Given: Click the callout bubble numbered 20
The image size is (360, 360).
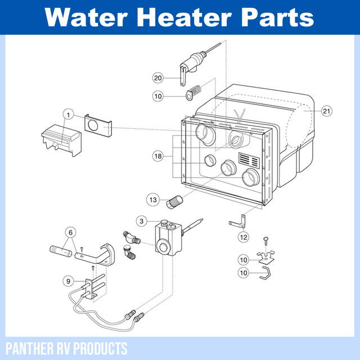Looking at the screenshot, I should point(158,77).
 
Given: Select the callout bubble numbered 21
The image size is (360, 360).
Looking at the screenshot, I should point(327,111).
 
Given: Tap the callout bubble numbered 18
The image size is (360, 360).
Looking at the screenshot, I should point(158,155).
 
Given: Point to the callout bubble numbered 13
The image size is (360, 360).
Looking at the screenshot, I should point(153,199).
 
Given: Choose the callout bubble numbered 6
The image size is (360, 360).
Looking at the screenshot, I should point(70,231).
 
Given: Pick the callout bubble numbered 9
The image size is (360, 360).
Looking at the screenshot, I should point(68,280).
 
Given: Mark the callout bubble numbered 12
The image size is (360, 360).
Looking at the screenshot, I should point(243,237).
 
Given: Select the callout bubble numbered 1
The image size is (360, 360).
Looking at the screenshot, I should point(68,115).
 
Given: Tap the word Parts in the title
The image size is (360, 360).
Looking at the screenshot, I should point(278,17).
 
